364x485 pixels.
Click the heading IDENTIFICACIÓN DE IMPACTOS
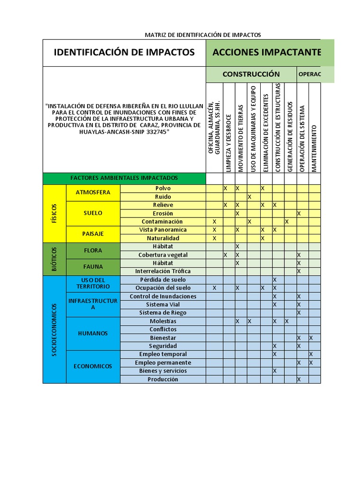point(124,52)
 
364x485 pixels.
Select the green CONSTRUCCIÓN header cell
point(251,74)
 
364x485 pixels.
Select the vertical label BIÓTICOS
point(55,259)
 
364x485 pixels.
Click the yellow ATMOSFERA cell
point(93,192)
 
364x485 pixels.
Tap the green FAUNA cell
point(93,267)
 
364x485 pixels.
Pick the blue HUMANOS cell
point(93,333)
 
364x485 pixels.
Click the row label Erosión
point(163,214)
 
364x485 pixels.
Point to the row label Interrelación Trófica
point(163,271)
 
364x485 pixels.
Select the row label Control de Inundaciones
point(163,296)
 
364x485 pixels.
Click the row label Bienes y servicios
point(163,371)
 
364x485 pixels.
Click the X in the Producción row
point(299,379)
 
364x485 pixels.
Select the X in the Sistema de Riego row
point(299,313)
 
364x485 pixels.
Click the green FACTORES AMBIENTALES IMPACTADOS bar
point(124,178)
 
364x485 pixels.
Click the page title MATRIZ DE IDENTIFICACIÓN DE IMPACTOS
point(202,35)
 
